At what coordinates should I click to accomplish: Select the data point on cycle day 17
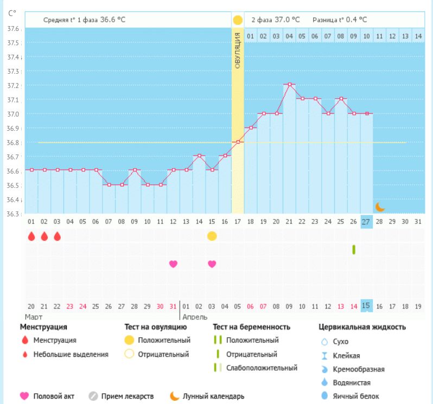pyautogui.click(x=238, y=142)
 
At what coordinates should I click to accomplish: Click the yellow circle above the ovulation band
pyautogui.click(x=238, y=20)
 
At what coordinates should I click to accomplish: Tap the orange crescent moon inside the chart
pyautogui.click(x=380, y=207)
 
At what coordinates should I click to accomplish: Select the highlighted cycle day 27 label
pyautogui.click(x=366, y=221)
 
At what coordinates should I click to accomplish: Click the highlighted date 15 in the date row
pyautogui.click(x=366, y=306)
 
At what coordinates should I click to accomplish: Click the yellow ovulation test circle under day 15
pyautogui.click(x=212, y=236)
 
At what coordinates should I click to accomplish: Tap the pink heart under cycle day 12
pyautogui.click(x=173, y=264)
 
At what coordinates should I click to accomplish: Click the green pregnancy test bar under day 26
pyautogui.click(x=354, y=249)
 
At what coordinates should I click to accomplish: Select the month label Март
pyautogui.click(x=34, y=317)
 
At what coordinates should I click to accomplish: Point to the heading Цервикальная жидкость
pyautogui.click(x=362, y=327)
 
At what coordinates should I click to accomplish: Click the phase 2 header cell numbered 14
pyautogui.click(x=418, y=36)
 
